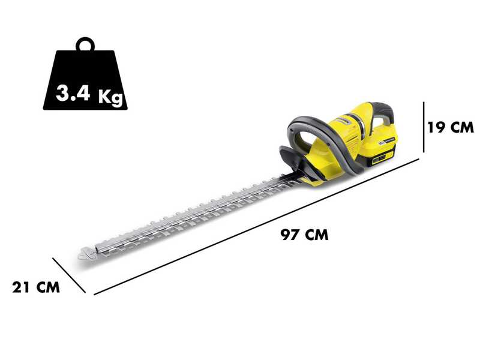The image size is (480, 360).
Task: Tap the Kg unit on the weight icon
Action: [x=110, y=96]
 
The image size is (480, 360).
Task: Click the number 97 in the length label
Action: [x=290, y=235]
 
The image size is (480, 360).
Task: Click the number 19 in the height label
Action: [x=437, y=127]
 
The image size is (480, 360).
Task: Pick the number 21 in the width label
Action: [x=22, y=287]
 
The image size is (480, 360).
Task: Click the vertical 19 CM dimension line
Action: [x=423, y=127]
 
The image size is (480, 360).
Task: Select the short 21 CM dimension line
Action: [x=69, y=275]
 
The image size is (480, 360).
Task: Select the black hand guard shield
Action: [x=293, y=160]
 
